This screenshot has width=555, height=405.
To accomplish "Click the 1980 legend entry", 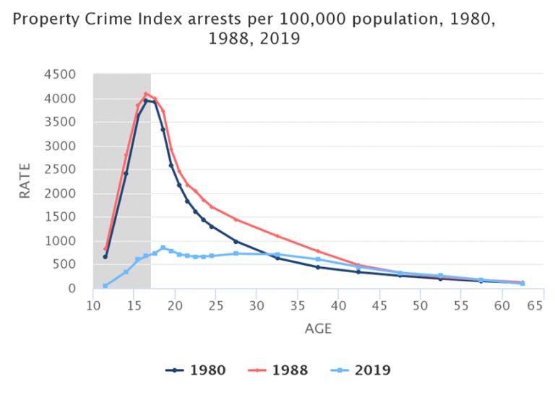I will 195,370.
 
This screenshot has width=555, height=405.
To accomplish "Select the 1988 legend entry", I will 277,370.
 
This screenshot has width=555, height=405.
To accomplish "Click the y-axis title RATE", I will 25,180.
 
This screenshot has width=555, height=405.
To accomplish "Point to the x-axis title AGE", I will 318,328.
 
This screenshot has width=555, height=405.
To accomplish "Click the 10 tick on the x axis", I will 93,305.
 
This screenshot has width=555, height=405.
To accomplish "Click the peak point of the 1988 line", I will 146,93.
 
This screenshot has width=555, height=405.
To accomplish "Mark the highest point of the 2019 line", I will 163,248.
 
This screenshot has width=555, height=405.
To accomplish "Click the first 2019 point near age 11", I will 106,286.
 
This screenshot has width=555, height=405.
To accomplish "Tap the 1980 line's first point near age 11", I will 106,256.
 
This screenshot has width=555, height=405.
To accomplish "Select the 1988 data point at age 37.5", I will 318,251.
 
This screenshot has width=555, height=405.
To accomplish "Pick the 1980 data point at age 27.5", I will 236,241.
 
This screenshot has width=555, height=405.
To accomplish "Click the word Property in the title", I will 40,19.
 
